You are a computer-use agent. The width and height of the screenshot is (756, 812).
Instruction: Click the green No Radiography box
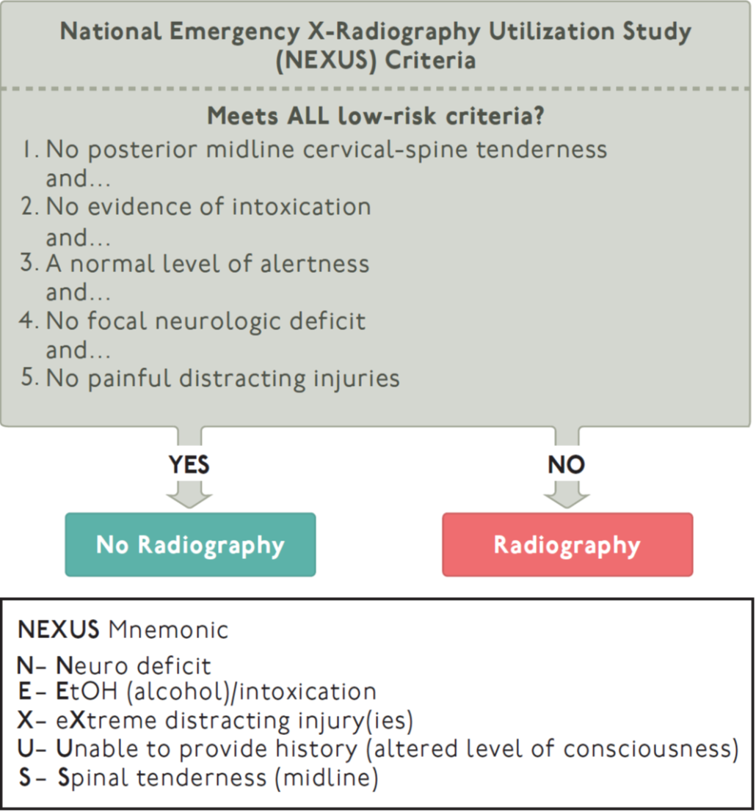tap(190, 544)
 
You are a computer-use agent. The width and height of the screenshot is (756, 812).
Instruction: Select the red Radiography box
tap(567, 544)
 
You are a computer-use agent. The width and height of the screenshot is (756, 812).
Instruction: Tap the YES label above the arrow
tap(189, 465)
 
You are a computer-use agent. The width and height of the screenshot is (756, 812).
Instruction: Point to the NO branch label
tap(567, 465)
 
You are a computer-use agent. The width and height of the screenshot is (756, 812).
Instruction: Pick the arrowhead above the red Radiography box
tap(567, 498)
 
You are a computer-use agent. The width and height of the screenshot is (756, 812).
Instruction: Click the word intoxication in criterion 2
tap(301, 207)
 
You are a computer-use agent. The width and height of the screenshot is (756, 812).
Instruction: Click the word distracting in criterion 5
tap(252, 378)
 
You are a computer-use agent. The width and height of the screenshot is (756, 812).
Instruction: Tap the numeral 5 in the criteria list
tap(28, 378)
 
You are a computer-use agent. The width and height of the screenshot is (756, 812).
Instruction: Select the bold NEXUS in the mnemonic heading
tap(59, 630)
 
